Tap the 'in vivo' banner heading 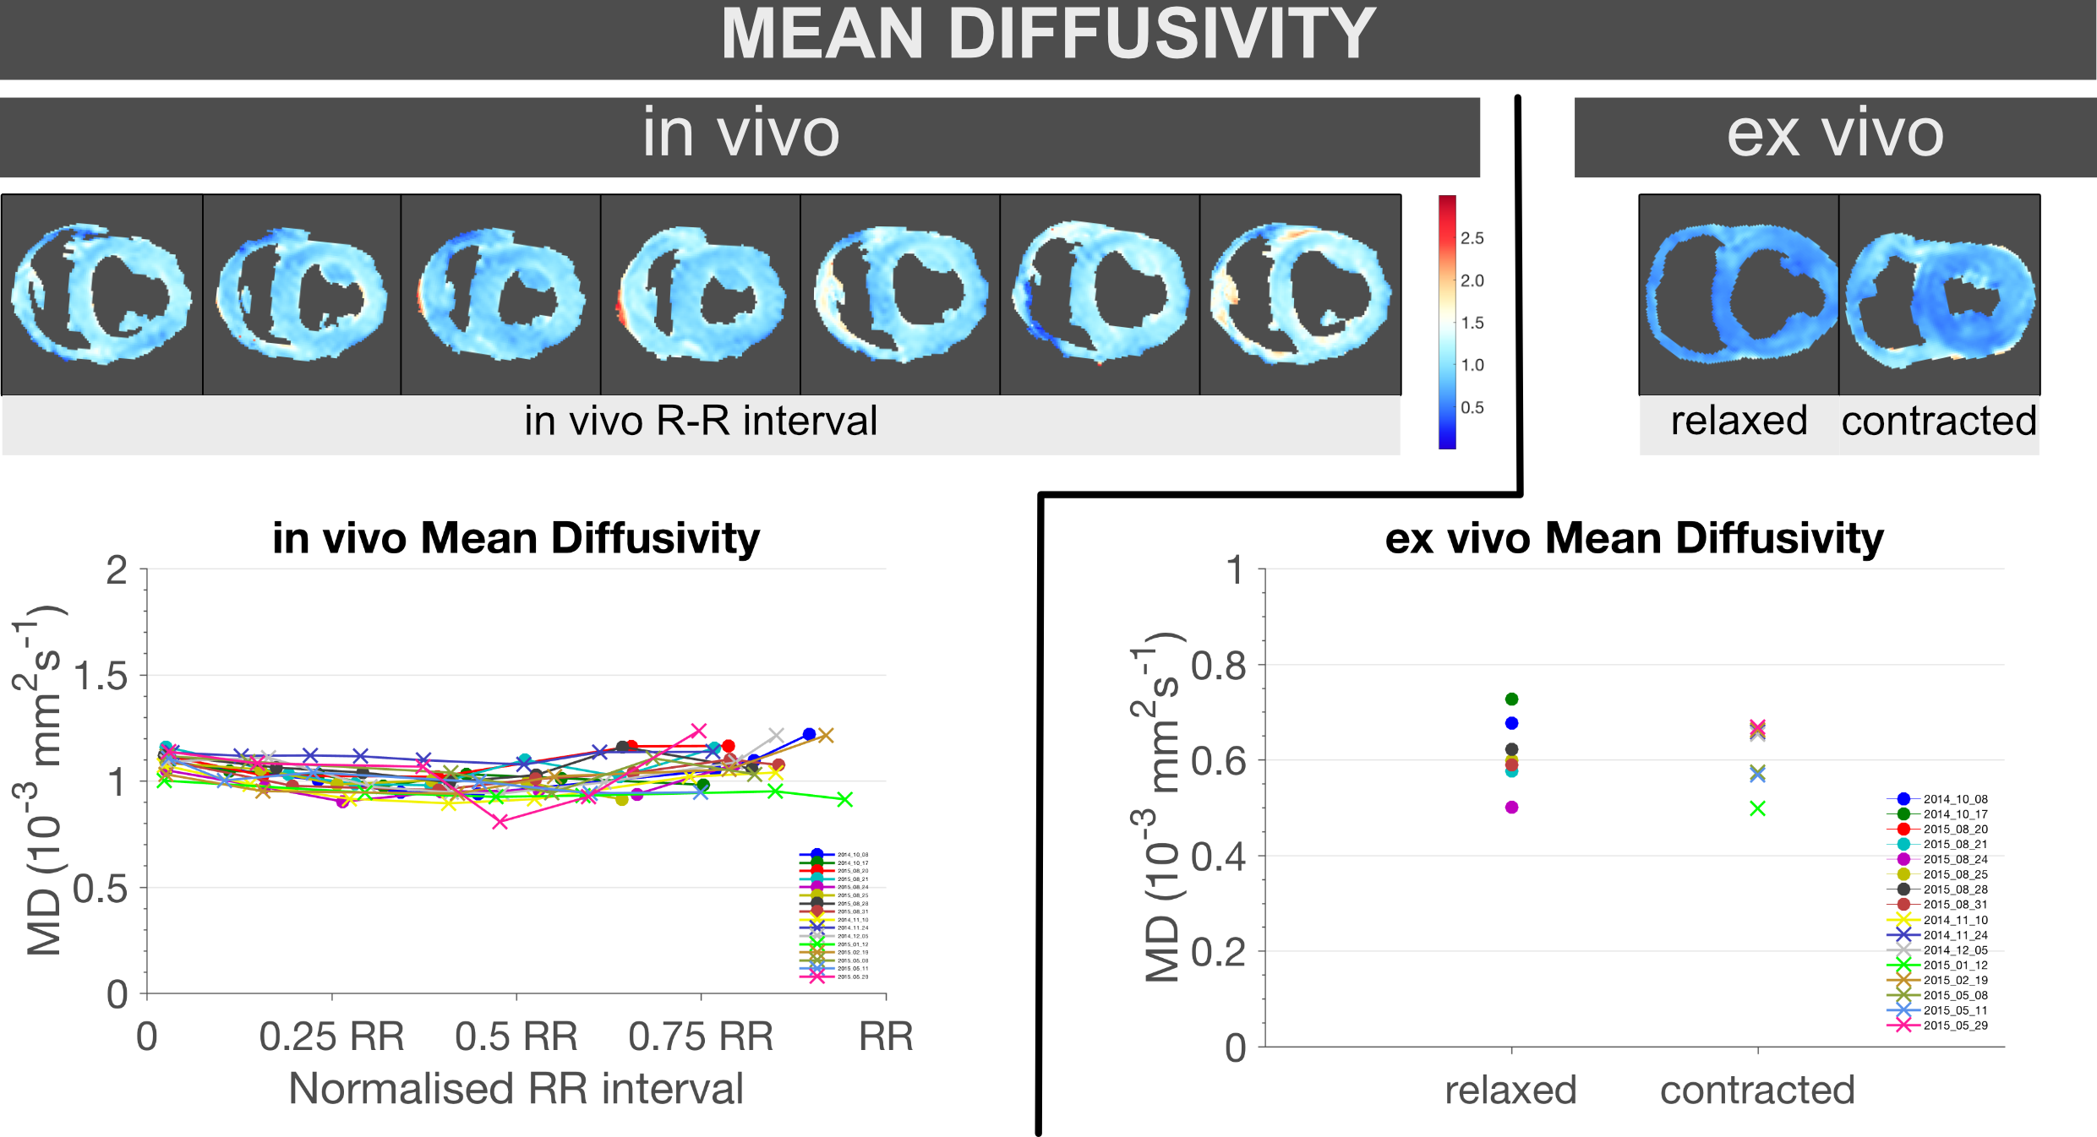coord(740,133)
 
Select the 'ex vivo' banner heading coord(1835,133)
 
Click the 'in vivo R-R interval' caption coord(701,421)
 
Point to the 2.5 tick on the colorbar coord(1472,238)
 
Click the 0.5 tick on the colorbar coord(1472,407)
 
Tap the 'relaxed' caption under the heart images coord(1739,421)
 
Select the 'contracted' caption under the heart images coord(1939,421)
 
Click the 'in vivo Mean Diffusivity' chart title coord(516,538)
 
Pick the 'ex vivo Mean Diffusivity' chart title coord(1634,538)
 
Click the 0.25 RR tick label coord(331,1036)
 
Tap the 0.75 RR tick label coord(701,1036)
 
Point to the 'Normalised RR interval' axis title coord(516,1088)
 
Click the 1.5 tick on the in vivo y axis coord(100,677)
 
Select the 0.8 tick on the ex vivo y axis coord(1218,666)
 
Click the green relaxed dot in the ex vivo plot coord(1511,699)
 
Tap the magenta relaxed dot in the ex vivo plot coord(1511,808)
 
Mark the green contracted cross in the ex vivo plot coord(1757,808)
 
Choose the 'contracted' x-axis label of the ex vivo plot coord(1757,1090)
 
